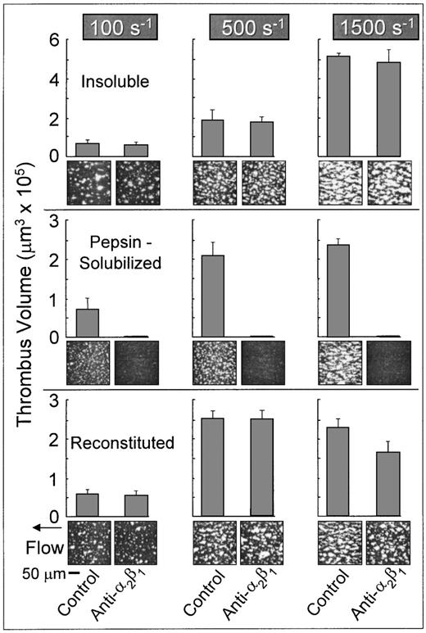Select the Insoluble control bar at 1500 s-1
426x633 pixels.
pyautogui.click(x=338, y=106)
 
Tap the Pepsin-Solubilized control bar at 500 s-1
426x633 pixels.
pyautogui.click(x=213, y=296)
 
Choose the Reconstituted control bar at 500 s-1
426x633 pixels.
pyautogui.click(x=213, y=467)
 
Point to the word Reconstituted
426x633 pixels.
pyautogui.click(x=123, y=443)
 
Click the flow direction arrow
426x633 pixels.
pyautogui.click(x=31, y=527)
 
